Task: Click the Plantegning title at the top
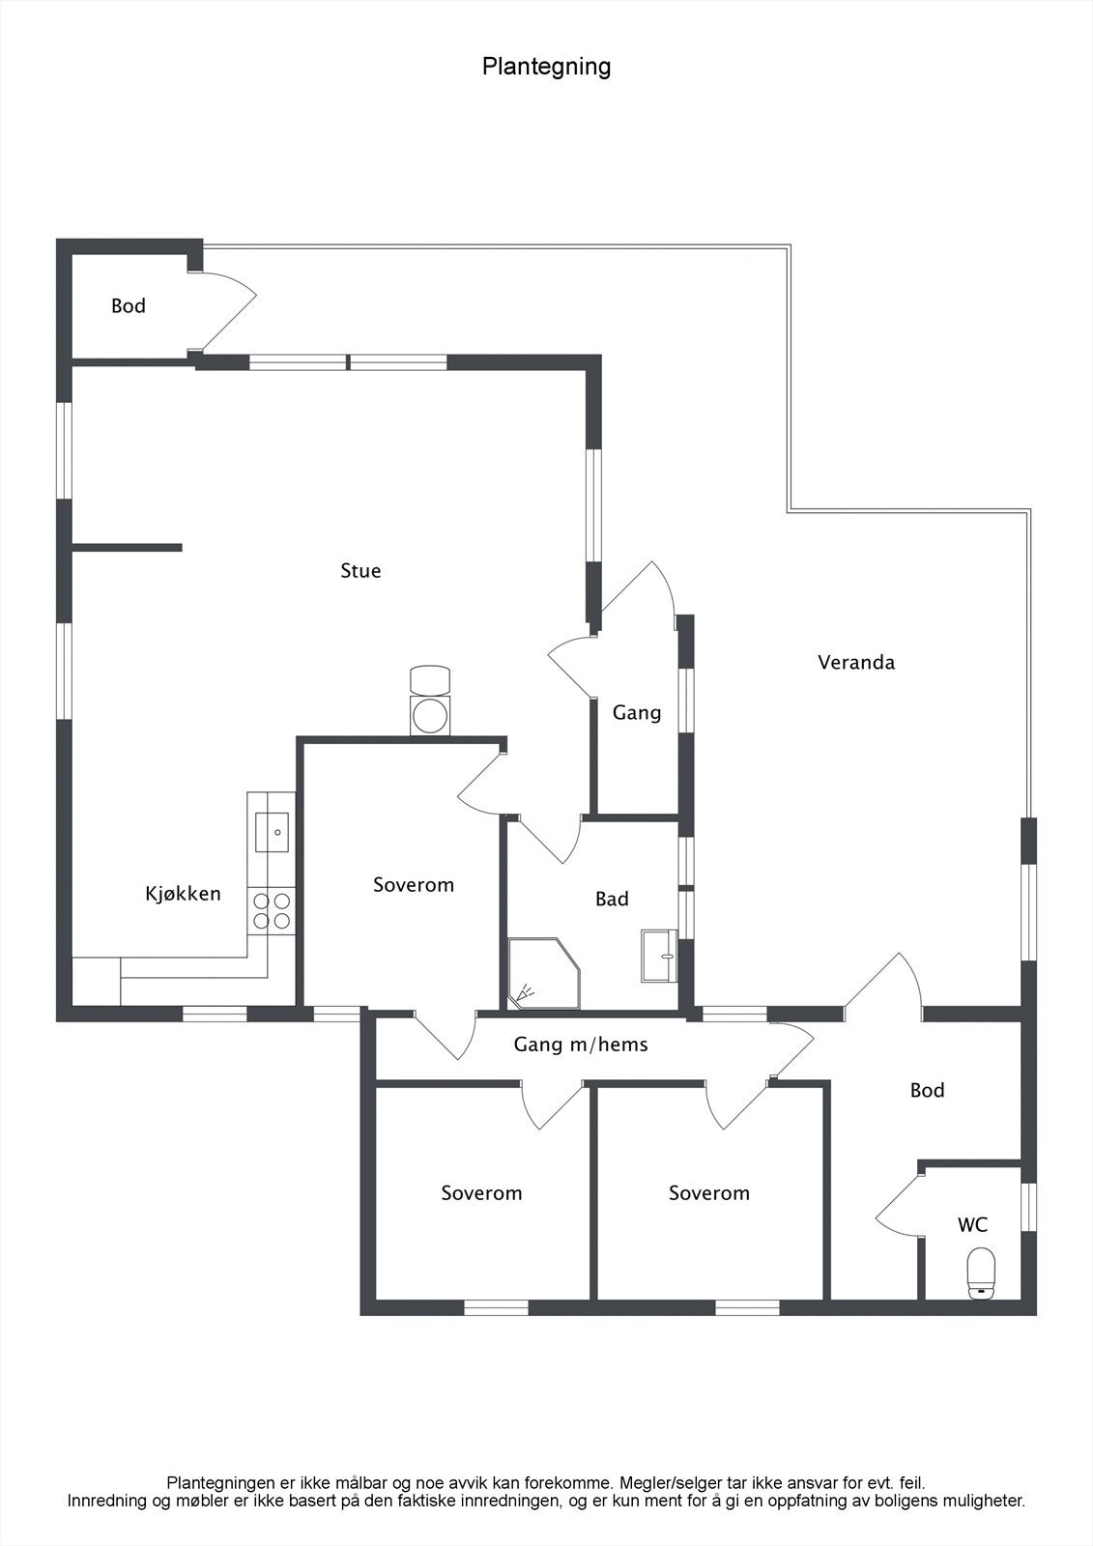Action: coord(546,67)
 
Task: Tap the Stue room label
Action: coord(360,571)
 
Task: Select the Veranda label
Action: coord(856,663)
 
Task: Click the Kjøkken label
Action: coord(184,894)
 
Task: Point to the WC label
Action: coord(972,1225)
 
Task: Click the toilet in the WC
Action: coord(981,1273)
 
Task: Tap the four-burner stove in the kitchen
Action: coord(272,910)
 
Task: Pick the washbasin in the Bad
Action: coord(660,956)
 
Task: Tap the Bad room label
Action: coord(612,900)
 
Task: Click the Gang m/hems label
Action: coord(581,1045)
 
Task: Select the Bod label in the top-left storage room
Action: coord(129,306)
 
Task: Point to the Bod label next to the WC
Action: coord(927,1091)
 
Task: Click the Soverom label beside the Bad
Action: coord(414,885)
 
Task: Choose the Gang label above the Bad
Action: coord(637,713)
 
